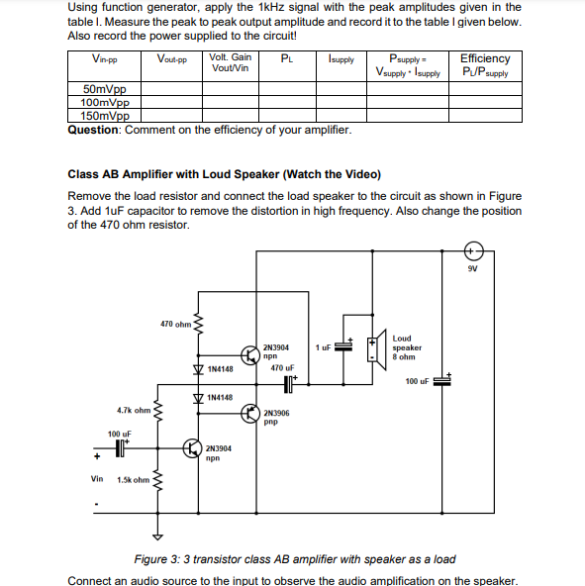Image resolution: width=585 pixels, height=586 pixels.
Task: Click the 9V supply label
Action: coord(474,268)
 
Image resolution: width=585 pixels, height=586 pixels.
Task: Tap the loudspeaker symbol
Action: coord(377,348)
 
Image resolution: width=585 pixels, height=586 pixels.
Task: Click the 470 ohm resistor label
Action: coord(175,324)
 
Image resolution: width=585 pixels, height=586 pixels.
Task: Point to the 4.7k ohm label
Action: coord(133,409)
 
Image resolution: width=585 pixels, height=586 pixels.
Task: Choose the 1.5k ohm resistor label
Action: coord(133,481)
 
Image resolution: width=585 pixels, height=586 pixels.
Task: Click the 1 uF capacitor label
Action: coord(323,347)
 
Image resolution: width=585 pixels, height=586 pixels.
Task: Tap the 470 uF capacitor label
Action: coord(283,367)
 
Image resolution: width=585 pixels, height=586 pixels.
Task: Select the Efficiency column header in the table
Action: coord(485,65)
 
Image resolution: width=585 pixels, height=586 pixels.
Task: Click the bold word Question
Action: coord(94,130)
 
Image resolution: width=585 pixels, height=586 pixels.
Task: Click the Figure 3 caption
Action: coord(295,559)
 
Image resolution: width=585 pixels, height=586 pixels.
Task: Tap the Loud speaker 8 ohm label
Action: coord(407,347)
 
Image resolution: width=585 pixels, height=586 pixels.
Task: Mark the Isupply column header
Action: coord(341,60)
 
